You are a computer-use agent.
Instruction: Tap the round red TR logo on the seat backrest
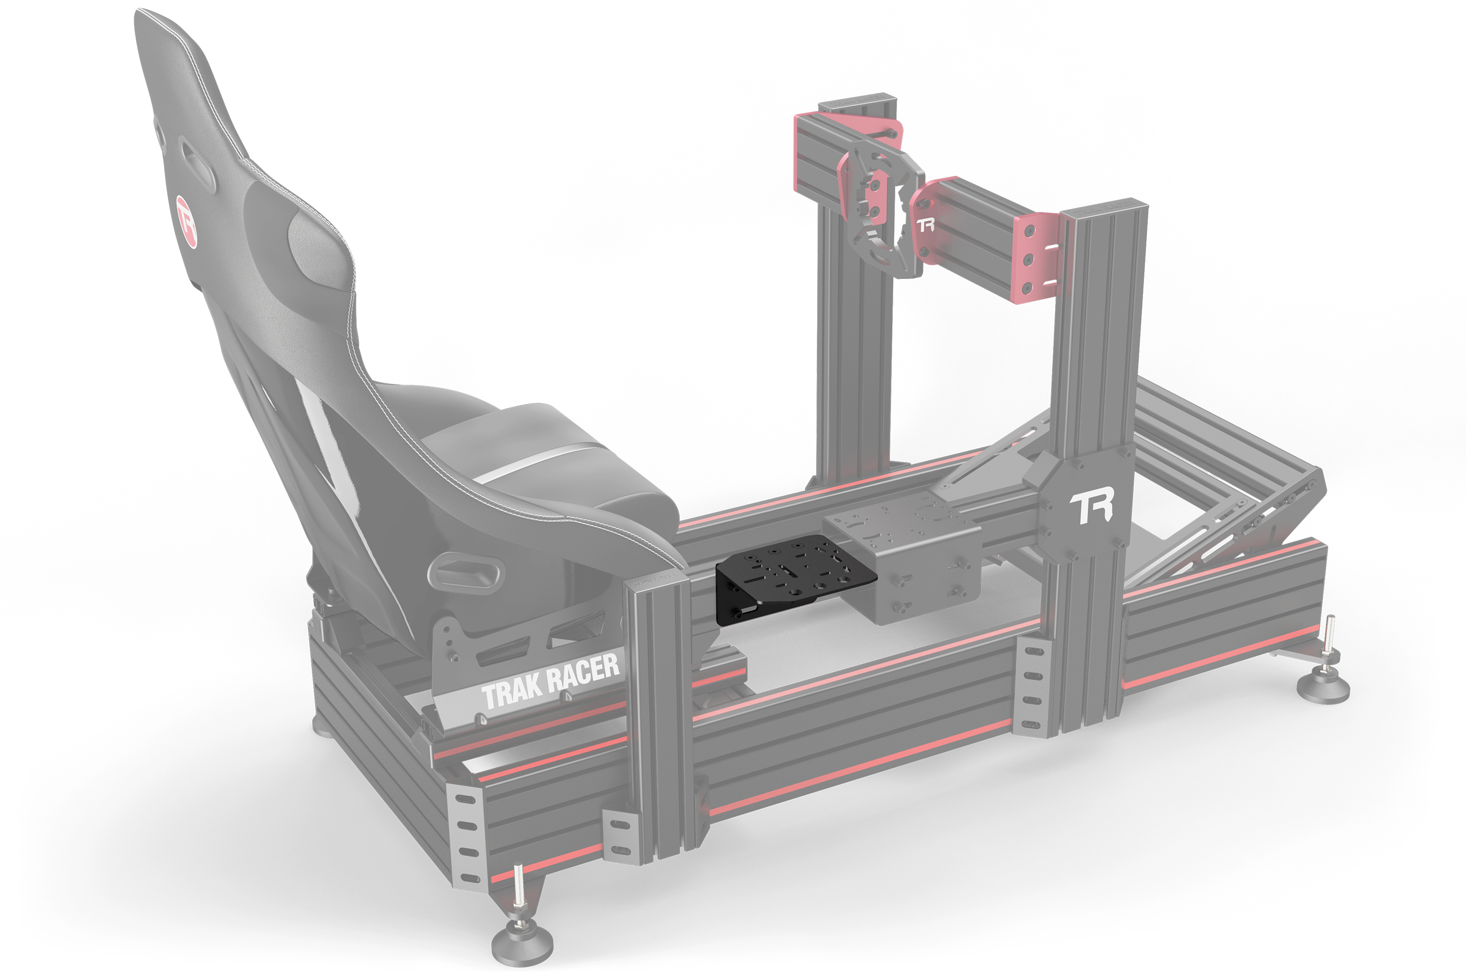tap(186, 221)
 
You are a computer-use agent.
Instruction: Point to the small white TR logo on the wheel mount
tap(926, 225)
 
